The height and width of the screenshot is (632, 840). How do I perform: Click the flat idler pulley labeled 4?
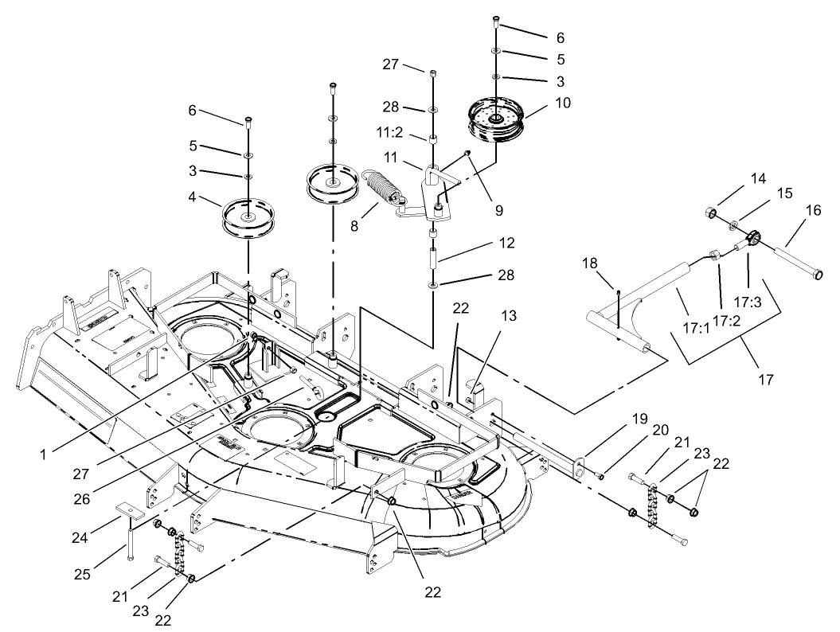[248, 217]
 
